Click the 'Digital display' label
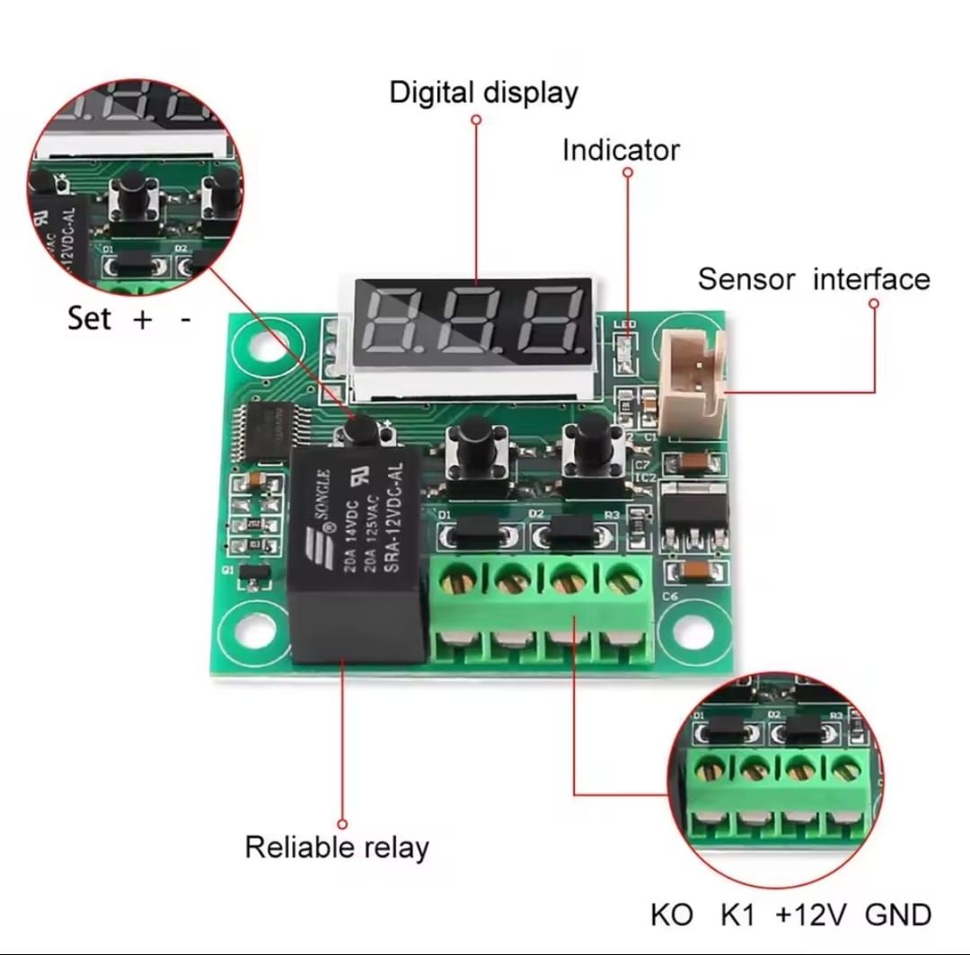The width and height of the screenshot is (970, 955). pyautogui.click(x=483, y=93)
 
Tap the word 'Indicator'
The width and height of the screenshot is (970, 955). pyautogui.click(x=621, y=150)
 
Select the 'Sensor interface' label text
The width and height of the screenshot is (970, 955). pyautogui.click(x=814, y=279)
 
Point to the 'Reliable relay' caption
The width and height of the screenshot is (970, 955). pyautogui.click(x=337, y=846)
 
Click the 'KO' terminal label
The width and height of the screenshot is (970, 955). pyautogui.click(x=672, y=915)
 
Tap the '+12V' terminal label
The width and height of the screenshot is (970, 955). pyautogui.click(x=811, y=915)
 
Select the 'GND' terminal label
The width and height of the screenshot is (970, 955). pyautogui.click(x=898, y=915)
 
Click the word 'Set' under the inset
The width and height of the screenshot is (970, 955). pyautogui.click(x=89, y=318)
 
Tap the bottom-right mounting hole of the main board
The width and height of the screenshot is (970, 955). pyautogui.click(x=692, y=631)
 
